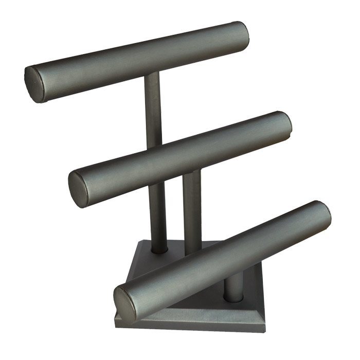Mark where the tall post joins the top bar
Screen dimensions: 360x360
coord(152,77)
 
